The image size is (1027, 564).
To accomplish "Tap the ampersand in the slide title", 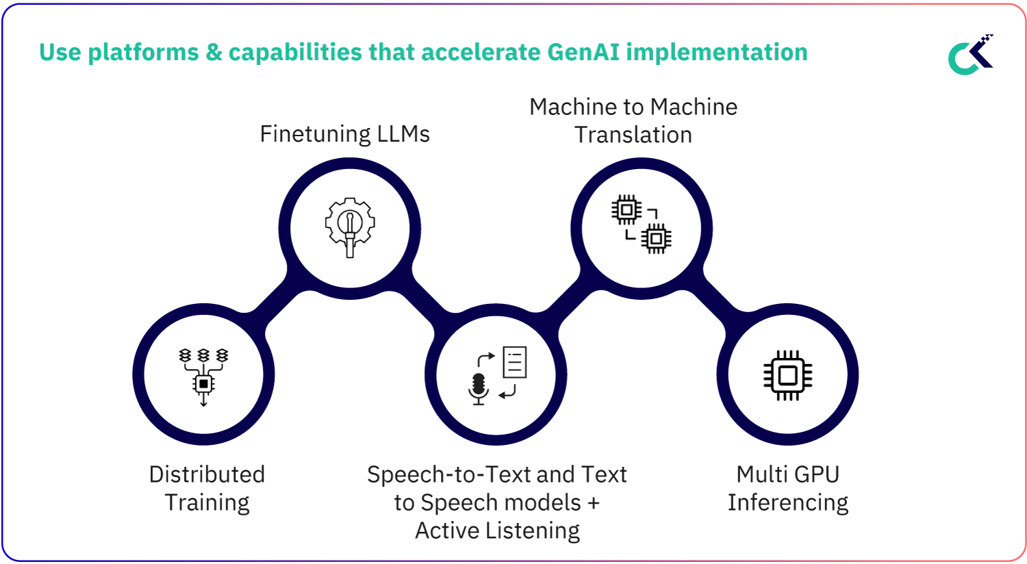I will [214, 52].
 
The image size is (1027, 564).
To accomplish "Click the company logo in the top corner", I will [971, 55].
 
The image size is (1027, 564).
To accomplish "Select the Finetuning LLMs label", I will [344, 133].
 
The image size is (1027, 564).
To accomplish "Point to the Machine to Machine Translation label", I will [633, 120].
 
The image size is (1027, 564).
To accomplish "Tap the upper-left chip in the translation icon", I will [626, 209].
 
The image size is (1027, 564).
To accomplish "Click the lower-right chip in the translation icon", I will [656, 238].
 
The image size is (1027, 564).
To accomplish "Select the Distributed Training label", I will [207, 488].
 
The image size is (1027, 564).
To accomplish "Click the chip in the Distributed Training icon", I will [203, 383].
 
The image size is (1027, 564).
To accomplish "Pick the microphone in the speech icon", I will [479, 387].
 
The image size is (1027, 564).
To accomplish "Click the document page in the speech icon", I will [515, 362].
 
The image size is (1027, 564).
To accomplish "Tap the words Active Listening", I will [498, 530].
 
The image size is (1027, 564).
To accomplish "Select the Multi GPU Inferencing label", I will [787, 488].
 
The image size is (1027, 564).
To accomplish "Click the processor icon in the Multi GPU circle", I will [787, 375].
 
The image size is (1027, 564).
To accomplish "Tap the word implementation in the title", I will [717, 52].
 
